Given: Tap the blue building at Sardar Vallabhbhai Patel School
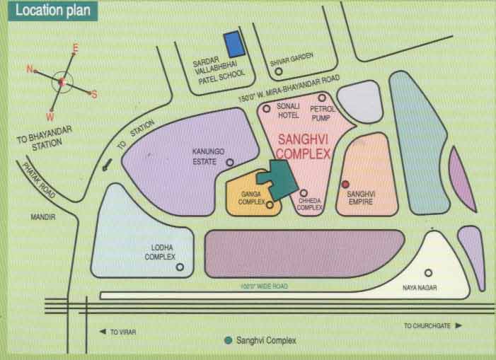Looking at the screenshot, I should (233, 44).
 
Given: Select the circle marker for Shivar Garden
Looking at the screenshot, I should (278, 71).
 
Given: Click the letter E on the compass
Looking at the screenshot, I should (75, 48).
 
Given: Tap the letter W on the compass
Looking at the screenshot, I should (50, 116).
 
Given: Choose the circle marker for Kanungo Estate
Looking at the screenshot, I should (229, 162).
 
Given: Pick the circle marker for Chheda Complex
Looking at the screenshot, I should (304, 192).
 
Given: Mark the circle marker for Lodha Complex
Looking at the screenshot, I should (180, 267).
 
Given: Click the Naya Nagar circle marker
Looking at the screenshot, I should (428, 272).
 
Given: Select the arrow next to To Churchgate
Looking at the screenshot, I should (458, 325).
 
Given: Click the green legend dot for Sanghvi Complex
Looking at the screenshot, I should (228, 340).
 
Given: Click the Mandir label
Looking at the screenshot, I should (43, 218).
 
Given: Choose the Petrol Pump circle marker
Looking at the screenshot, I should (322, 98).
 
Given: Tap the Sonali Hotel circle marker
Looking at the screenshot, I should (267, 108).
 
